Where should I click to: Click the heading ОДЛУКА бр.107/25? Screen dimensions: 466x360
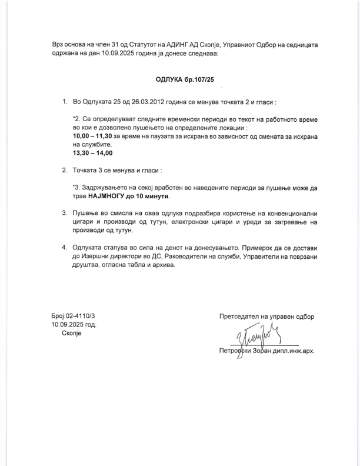[x=179, y=78]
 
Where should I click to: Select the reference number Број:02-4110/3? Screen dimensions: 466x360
[x=74, y=316]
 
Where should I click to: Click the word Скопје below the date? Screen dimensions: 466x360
[x=73, y=332]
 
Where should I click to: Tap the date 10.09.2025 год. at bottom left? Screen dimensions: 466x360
[x=74, y=324]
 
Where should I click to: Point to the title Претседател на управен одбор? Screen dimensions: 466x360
[x=266, y=316]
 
